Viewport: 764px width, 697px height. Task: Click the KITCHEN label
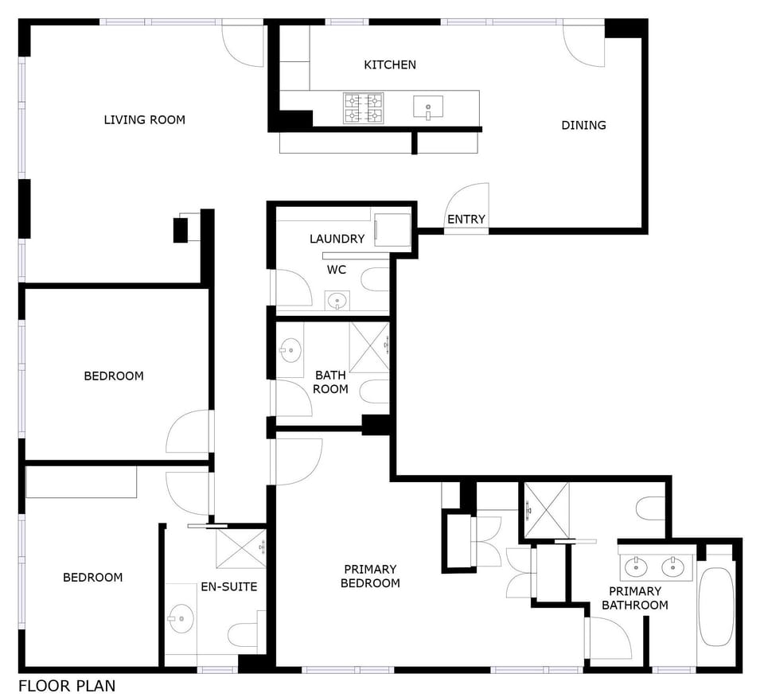(x=390, y=64)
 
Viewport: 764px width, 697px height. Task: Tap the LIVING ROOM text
(x=145, y=120)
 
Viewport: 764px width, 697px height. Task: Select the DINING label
(x=583, y=125)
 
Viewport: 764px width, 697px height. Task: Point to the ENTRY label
(x=466, y=219)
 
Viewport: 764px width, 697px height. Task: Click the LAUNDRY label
(x=337, y=239)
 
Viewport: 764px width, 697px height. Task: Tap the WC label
(x=337, y=270)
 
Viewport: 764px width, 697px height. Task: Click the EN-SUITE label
(x=229, y=586)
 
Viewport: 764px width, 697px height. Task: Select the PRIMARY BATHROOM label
(x=635, y=598)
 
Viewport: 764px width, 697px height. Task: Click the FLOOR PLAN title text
(x=67, y=686)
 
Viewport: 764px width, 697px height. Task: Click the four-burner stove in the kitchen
(x=363, y=108)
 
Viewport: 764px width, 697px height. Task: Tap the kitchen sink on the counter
(x=428, y=107)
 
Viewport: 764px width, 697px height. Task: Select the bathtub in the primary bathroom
(x=715, y=607)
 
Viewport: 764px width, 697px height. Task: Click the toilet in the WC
(x=375, y=279)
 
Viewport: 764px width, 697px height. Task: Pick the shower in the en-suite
(x=241, y=548)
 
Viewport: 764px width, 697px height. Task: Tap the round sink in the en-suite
(x=181, y=618)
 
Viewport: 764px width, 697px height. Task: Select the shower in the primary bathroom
(x=546, y=511)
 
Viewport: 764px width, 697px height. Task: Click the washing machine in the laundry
(x=392, y=230)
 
